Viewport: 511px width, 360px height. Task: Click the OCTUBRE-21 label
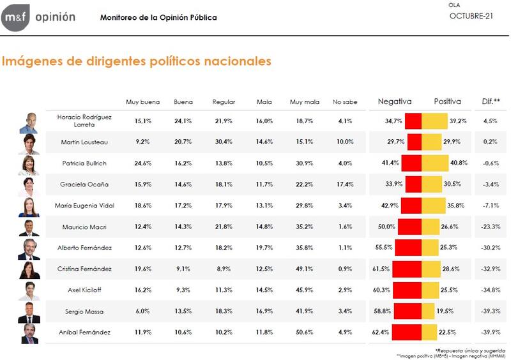click(x=471, y=16)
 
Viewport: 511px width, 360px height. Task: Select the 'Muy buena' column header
click(x=141, y=102)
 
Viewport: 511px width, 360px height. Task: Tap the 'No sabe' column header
click(x=345, y=102)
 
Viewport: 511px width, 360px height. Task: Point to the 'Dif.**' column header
click(x=491, y=101)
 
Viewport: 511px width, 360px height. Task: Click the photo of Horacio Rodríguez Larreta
click(x=29, y=121)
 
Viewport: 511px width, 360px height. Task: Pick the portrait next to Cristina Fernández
click(x=29, y=270)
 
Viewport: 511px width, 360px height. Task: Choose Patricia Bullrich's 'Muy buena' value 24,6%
click(x=139, y=163)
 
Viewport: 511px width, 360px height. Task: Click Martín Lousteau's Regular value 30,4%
click(x=224, y=142)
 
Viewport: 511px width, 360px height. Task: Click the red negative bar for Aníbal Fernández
click(x=406, y=333)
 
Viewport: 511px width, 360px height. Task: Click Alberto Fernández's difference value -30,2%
click(x=491, y=248)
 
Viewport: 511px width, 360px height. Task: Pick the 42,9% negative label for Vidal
click(x=390, y=206)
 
